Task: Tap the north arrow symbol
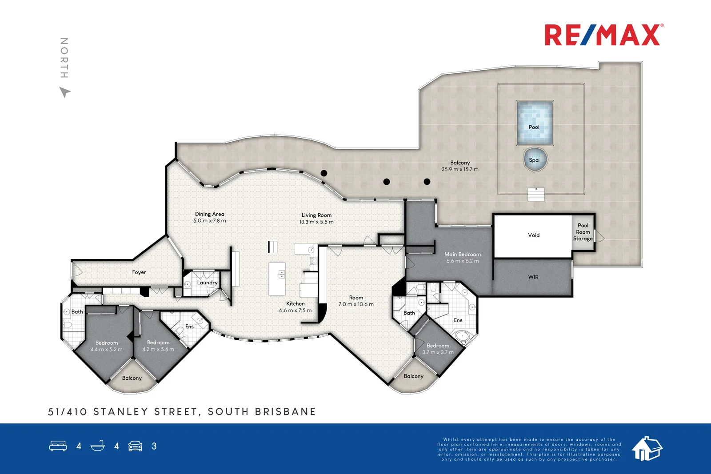click(65, 92)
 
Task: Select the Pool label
click(534, 127)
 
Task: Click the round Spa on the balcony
click(534, 160)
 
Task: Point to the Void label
click(534, 235)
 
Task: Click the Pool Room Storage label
click(583, 232)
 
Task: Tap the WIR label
click(533, 277)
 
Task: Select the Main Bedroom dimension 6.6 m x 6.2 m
click(463, 261)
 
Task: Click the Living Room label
click(316, 215)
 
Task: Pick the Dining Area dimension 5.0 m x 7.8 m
click(210, 221)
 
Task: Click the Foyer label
click(139, 272)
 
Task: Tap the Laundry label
click(207, 283)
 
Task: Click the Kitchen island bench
click(277, 279)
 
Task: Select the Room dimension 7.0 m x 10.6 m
click(356, 304)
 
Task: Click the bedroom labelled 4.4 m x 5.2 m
click(107, 346)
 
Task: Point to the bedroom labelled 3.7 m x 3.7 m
click(438, 349)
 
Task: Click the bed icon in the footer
click(58, 446)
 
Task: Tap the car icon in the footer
click(135, 446)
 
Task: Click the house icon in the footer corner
click(647, 448)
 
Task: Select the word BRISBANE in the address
click(285, 412)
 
